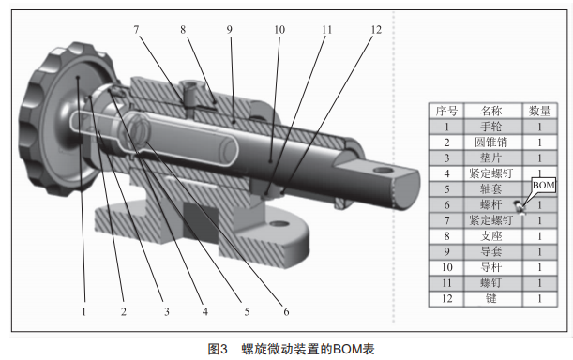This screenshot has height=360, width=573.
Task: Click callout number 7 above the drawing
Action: [x=136, y=29]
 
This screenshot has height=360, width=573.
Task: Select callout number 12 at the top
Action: [x=376, y=30]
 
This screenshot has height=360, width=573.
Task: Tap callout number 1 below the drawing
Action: [x=84, y=311]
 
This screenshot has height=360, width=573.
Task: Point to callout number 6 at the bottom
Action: [x=286, y=311]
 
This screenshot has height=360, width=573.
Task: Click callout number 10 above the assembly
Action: [x=279, y=30]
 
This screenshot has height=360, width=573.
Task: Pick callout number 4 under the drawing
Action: [x=205, y=311]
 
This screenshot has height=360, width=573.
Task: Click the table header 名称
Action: [x=491, y=111]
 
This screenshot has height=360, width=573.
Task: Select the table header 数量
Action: [x=539, y=111]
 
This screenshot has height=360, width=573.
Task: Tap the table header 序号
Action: [x=446, y=111]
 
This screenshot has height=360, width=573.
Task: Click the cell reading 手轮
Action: [x=491, y=127]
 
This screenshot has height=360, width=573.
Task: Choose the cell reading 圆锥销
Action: [x=491, y=142]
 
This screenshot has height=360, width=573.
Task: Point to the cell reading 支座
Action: [x=491, y=236]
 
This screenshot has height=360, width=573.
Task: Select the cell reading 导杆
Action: [x=491, y=267]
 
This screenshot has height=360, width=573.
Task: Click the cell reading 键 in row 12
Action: [x=491, y=299]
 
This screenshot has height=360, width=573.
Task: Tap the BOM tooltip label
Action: [x=543, y=185]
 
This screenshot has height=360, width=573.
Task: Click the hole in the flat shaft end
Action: [x=383, y=170]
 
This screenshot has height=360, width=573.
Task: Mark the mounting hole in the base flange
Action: [x=279, y=223]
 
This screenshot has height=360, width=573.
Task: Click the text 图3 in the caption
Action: [x=218, y=349]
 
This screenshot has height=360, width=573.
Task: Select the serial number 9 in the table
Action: [x=446, y=252]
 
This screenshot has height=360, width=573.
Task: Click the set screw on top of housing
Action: [x=189, y=87]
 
